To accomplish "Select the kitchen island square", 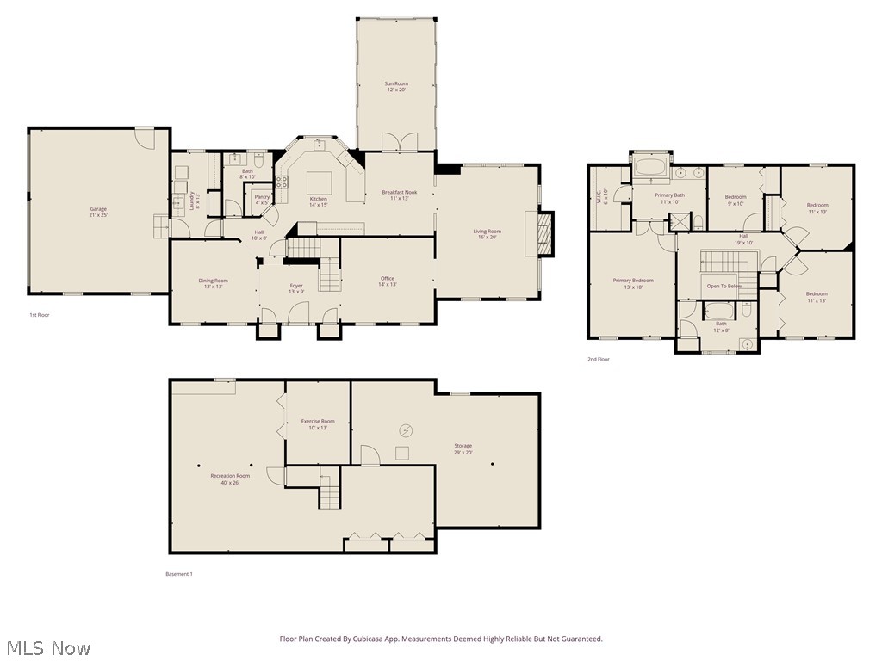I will click(320, 182).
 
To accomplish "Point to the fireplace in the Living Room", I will click(543, 234).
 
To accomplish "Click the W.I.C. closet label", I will click(605, 197).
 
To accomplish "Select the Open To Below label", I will click(724, 286).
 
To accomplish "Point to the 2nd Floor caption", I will click(598, 359).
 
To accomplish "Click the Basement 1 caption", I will click(179, 574).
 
